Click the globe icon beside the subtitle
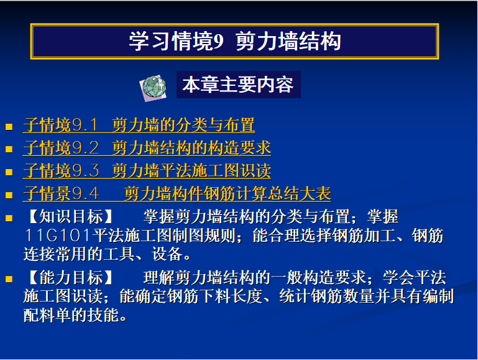tap(153, 88)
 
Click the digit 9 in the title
tap(219, 42)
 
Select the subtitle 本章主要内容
tap(238, 85)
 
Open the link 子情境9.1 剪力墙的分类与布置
tap(139, 125)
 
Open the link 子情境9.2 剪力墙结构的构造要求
tap(147, 148)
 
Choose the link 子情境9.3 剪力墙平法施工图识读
tap(147, 171)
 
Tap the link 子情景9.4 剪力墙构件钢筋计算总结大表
tap(177, 193)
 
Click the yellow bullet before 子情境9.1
tap(9, 126)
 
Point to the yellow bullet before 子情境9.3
tap(9, 172)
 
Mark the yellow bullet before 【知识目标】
tap(9, 218)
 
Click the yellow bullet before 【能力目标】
tap(9, 279)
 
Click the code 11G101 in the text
tap(58, 236)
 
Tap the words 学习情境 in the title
tap(171, 42)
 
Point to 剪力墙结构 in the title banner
tap(288, 42)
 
